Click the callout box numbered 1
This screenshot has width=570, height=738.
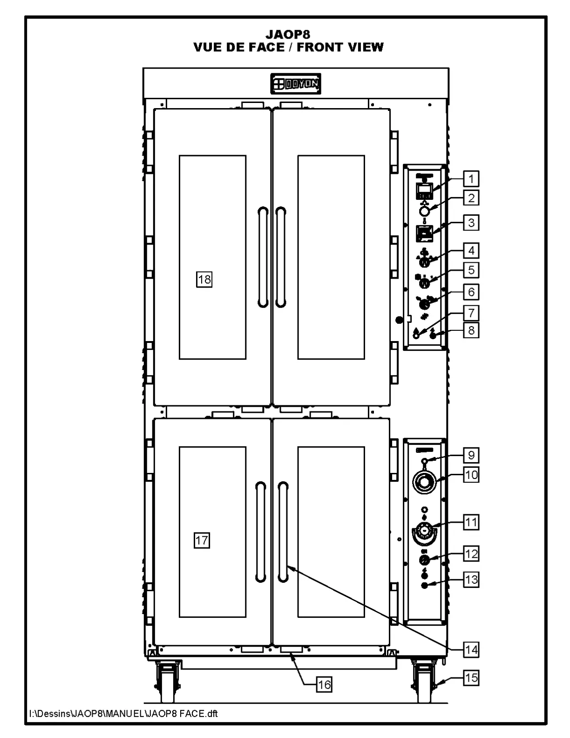tap(471, 179)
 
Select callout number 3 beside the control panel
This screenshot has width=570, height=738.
tap(471, 223)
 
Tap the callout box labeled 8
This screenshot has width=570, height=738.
tap(471, 330)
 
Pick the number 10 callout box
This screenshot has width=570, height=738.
tap(471, 475)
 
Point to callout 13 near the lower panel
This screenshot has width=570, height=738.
tap(471, 580)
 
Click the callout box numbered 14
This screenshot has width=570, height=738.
tap(471, 649)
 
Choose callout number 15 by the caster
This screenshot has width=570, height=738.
tap(471, 677)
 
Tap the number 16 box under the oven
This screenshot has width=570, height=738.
tap(324, 684)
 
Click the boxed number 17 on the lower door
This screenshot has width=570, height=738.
tap(202, 540)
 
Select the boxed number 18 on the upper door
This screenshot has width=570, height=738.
tap(204, 280)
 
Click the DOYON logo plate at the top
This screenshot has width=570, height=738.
tap(296, 84)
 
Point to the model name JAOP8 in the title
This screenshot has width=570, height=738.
tap(288, 34)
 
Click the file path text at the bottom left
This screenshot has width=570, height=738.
tap(123, 713)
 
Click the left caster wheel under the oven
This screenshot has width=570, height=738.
tap(166, 683)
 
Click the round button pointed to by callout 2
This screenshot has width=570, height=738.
tap(424, 211)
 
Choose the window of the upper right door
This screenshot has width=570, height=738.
tap(331, 257)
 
